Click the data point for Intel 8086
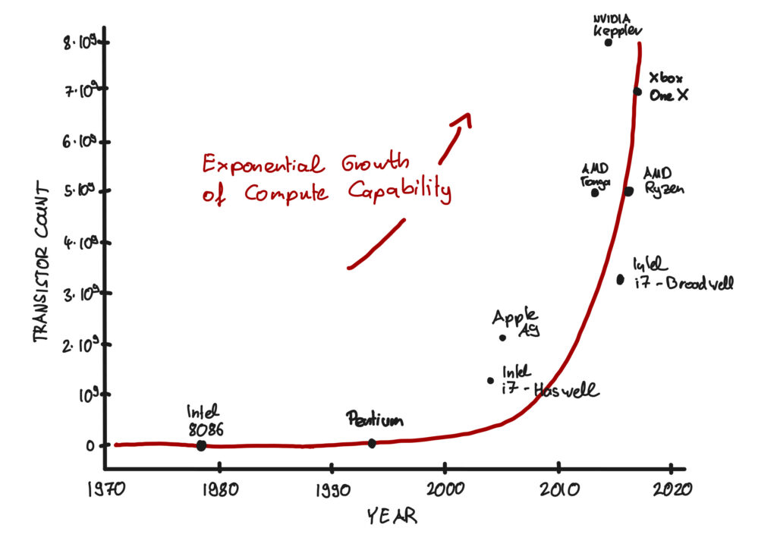[201, 445]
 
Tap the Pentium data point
[372, 443]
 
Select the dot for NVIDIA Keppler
[608, 42]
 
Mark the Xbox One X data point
[637, 92]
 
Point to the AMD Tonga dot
[595, 192]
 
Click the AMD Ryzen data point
[628, 191]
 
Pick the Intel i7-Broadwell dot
[620, 279]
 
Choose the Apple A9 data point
[502, 338]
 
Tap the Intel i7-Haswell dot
[490, 381]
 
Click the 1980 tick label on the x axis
[218, 488]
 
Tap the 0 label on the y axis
[90, 445]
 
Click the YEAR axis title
[392, 517]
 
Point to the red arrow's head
[463, 120]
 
